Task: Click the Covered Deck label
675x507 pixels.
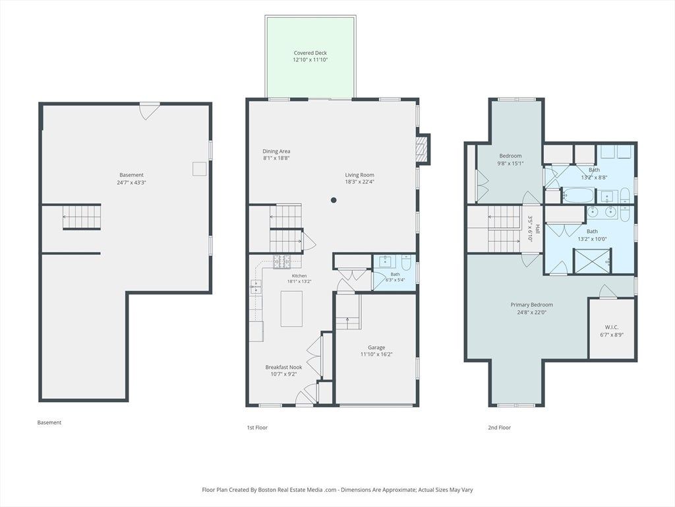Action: click(310, 53)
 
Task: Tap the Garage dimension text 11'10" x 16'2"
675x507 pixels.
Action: click(376, 355)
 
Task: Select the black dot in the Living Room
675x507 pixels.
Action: click(333, 200)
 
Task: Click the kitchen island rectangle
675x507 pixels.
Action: click(291, 309)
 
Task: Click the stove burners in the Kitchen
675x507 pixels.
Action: click(281, 261)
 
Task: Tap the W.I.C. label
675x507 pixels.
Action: click(611, 327)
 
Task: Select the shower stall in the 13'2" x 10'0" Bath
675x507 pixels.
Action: click(593, 260)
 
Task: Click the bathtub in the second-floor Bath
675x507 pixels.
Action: click(579, 195)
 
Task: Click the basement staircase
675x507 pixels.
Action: click(82, 217)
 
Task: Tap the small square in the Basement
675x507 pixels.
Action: click(199, 168)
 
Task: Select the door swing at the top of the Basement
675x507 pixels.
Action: click(150, 111)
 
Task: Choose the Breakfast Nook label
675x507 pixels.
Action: click(283, 367)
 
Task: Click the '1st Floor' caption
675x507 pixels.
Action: click(257, 428)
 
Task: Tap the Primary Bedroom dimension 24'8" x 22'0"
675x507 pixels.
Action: click(532, 312)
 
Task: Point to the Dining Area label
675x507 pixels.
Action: click(276, 151)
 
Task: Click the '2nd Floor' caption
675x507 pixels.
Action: click(500, 428)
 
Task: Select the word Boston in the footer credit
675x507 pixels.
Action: click(268, 490)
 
